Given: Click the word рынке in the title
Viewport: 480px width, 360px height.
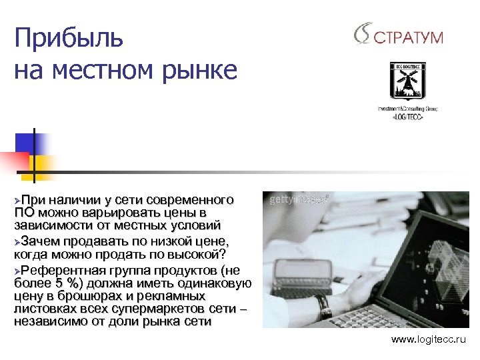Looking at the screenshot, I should point(204,69).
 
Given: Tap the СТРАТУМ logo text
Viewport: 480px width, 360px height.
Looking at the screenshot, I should point(409,37).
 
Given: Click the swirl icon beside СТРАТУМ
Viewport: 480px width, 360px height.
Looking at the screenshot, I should point(363,34).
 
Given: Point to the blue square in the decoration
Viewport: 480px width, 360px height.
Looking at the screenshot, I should point(30,143).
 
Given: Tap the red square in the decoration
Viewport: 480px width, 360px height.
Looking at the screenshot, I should point(15,161).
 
